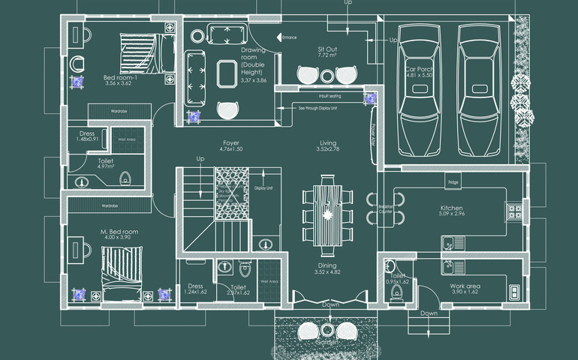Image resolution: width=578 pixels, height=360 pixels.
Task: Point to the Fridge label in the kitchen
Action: (x=453, y=182)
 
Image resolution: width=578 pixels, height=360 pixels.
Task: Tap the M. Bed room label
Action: (x=119, y=232)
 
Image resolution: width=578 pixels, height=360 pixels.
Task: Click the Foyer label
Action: (x=230, y=142)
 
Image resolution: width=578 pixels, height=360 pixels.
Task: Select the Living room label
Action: (x=327, y=142)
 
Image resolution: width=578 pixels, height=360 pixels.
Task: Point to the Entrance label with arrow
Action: (x=288, y=37)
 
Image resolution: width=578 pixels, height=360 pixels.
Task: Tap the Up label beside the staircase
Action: (x=200, y=159)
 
